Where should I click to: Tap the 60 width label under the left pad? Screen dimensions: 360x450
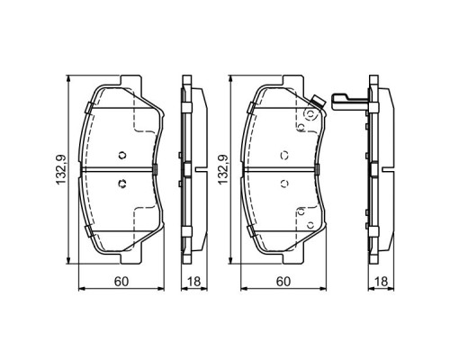click(x=120, y=283)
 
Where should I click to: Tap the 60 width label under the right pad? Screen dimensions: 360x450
click(x=283, y=283)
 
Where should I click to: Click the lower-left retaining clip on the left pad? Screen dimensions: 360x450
click(x=88, y=230)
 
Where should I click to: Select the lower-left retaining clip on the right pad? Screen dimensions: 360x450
click(x=251, y=230)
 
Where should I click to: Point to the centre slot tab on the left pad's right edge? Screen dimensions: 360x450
click(x=157, y=169)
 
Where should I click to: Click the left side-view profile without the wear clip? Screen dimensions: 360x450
click(x=186, y=169)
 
